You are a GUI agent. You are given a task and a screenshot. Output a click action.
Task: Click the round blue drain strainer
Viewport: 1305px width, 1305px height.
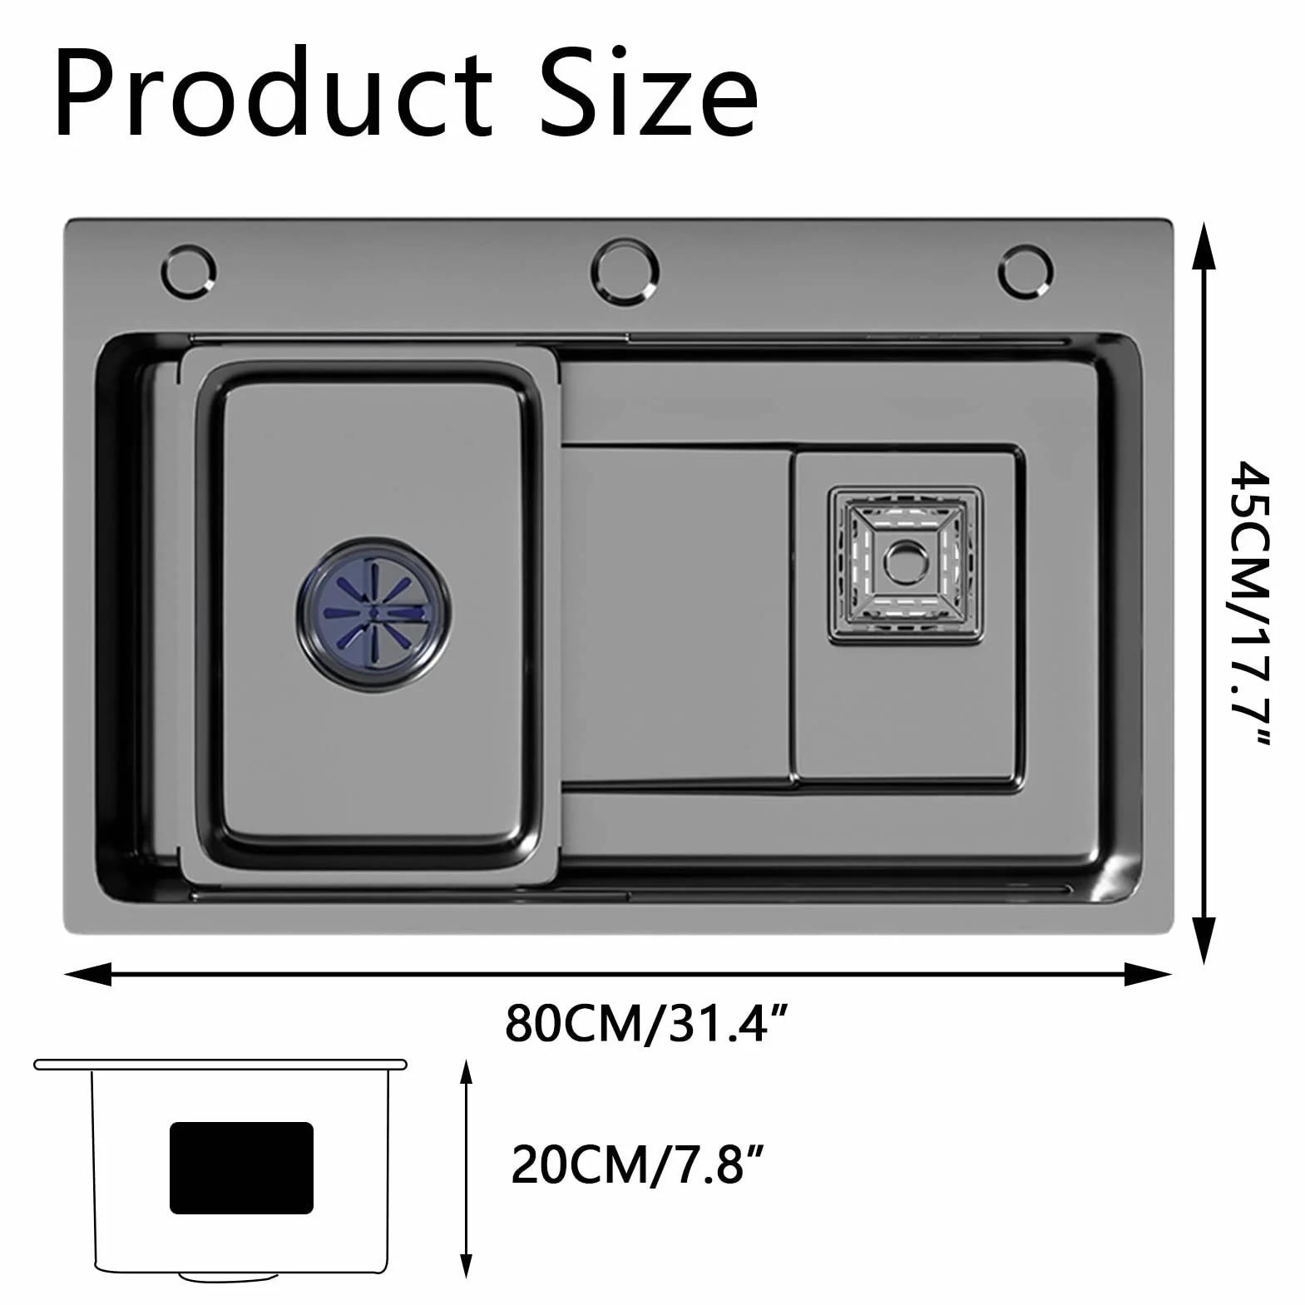point(374,612)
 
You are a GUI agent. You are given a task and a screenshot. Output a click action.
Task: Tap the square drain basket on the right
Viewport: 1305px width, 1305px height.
point(906,565)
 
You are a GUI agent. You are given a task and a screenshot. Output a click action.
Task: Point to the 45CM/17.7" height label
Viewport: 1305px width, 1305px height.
point(1250,604)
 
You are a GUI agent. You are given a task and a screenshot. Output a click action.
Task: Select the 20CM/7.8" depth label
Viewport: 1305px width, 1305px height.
point(637,1164)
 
